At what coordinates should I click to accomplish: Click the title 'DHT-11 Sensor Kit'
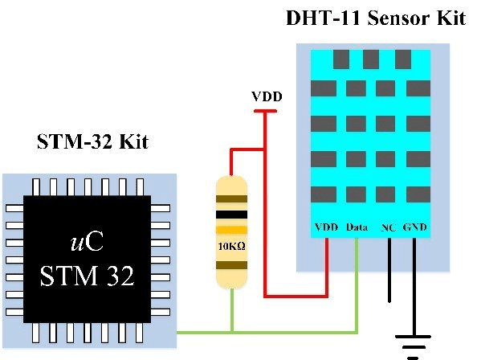[375, 18]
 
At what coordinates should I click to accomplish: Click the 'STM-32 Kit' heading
[92, 143]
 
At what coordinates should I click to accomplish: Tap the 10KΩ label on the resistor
[232, 247]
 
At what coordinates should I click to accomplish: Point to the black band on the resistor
[232, 215]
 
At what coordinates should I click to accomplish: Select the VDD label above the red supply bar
[266, 98]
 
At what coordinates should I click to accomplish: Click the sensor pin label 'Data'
[357, 228]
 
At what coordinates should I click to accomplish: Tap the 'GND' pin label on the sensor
[416, 228]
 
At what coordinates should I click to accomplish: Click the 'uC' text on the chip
[87, 243]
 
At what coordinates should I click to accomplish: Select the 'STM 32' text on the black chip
[87, 277]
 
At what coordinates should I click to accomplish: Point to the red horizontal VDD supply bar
[266, 112]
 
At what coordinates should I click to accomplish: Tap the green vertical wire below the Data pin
[357, 281]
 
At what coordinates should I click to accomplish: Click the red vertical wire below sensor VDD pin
[327, 265]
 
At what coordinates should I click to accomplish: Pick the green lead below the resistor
[232, 309]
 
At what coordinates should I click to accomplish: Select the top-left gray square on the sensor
[340, 59]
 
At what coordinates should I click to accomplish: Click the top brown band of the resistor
[232, 198]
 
